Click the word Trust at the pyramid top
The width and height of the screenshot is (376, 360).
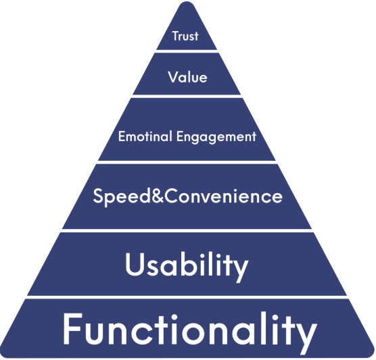185,36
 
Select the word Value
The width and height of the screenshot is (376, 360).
187,77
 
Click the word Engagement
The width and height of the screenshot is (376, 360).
216,137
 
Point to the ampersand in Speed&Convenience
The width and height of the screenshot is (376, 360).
158,196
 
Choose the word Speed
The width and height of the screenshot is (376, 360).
121,197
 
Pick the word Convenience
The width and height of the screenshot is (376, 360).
223,196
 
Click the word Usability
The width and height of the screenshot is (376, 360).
187,267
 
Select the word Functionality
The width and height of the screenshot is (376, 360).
190,332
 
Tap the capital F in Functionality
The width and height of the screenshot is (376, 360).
73,329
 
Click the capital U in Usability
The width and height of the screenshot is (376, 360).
136,264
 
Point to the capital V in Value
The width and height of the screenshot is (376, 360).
174,77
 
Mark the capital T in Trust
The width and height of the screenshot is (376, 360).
176,36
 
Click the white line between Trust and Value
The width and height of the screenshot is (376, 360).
187,51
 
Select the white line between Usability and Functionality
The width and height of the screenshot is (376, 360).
187,297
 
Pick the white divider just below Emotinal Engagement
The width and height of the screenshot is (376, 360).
187,162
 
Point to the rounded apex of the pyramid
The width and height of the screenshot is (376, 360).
187,3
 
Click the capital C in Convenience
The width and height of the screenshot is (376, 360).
172,196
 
